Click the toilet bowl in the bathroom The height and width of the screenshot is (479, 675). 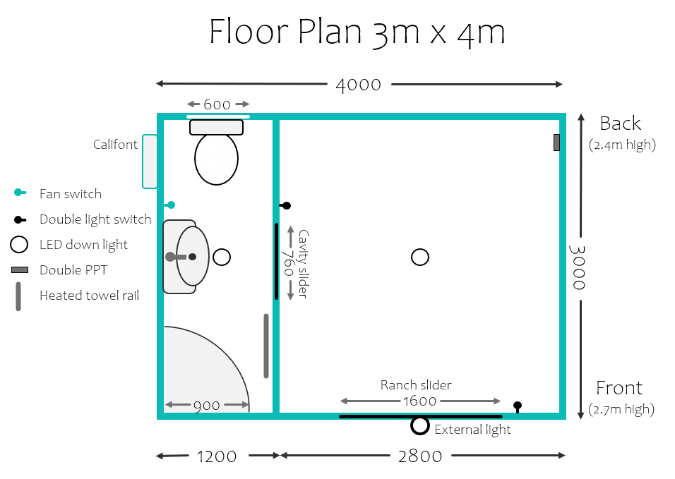[x=216, y=159]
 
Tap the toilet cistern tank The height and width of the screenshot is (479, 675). [x=216, y=127]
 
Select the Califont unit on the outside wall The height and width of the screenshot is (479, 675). [x=150, y=162]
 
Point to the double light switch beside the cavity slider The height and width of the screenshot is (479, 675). [x=285, y=205]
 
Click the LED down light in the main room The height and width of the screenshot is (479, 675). [x=419, y=257]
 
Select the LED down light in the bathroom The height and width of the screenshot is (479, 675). [x=222, y=257]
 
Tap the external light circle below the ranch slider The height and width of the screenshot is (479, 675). [x=419, y=425]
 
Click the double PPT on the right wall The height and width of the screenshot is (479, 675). [x=556, y=143]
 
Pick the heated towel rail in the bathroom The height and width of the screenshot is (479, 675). [x=266, y=346]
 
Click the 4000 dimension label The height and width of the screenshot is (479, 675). [x=358, y=85]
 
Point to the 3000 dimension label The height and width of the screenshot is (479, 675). [x=578, y=267]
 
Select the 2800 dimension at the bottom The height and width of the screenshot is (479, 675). [x=419, y=456]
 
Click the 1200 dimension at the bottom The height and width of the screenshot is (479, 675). [x=217, y=456]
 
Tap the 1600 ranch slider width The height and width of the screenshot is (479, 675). [x=419, y=401]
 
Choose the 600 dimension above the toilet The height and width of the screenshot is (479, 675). [x=217, y=104]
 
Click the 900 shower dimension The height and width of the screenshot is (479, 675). [x=207, y=406]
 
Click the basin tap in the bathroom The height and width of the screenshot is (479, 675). [x=181, y=257]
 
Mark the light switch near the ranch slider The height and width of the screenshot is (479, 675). [x=518, y=407]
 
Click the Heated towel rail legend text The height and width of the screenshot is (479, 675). [x=89, y=296]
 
